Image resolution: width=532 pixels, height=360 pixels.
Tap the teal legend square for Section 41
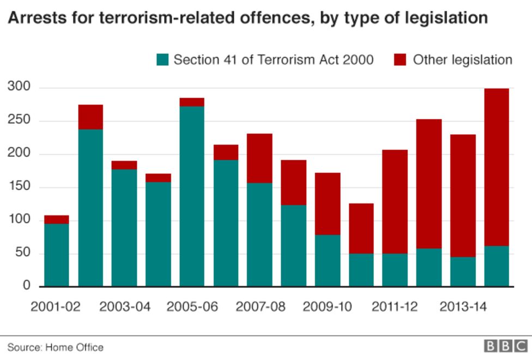[162, 59]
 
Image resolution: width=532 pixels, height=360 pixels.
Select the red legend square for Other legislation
[400, 59]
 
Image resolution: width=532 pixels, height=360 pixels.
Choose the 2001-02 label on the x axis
[55, 307]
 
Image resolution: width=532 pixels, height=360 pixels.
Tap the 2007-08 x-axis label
[260, 307]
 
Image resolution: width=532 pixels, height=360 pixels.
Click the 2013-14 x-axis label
[463, 307]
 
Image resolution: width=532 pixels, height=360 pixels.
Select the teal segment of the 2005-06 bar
[192, 196]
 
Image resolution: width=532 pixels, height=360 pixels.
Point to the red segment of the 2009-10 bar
[328, 204]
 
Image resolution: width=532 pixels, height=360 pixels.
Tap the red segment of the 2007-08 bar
[259, 158]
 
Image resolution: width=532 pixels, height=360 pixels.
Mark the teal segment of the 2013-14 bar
[463, 272]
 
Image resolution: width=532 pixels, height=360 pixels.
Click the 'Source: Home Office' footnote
[55, 347]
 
